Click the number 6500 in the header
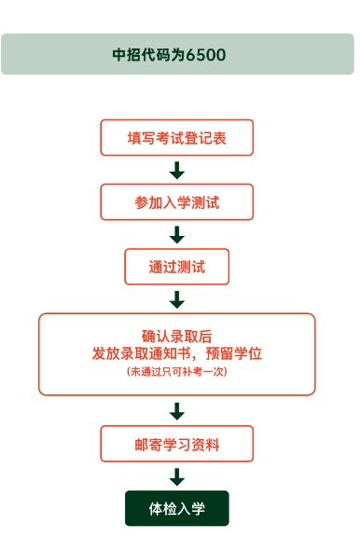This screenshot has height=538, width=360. pos(206,55)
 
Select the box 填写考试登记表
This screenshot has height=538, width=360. pos(177,138)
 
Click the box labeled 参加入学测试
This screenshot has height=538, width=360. pos(177,202)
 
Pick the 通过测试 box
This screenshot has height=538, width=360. pos(177,267)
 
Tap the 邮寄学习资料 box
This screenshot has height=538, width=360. pos(177,443)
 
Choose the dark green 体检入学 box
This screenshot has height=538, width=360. pos(177,508)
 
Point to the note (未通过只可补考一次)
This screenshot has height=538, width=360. pos(177,371)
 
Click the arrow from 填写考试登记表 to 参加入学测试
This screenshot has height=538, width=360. pos(177,171)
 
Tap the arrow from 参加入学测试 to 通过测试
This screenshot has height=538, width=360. pos(177,235)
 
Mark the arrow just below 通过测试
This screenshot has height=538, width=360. pos(177,299)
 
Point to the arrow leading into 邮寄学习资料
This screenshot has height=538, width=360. pos(177,411)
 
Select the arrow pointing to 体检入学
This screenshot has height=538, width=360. pos(177,476)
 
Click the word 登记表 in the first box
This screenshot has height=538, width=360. pos(205,138)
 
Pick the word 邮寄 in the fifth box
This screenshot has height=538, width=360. pos(147,443)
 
